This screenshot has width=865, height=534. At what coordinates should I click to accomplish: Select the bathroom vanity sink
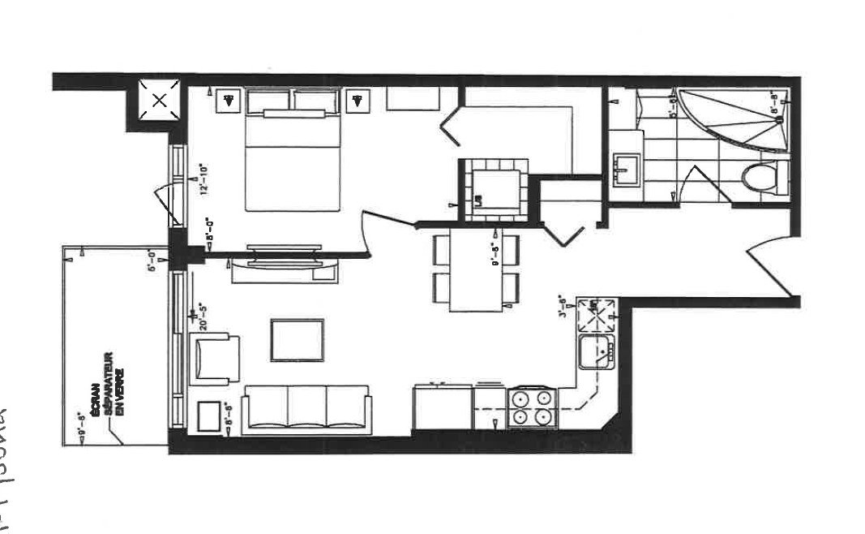(x=627, y=168)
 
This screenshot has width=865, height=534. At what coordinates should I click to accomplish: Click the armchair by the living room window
(x=216, y=358)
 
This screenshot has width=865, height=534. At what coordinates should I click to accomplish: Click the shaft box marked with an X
(x=159, y=101)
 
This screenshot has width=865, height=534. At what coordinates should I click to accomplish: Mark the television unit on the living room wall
(x=272, y=262)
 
